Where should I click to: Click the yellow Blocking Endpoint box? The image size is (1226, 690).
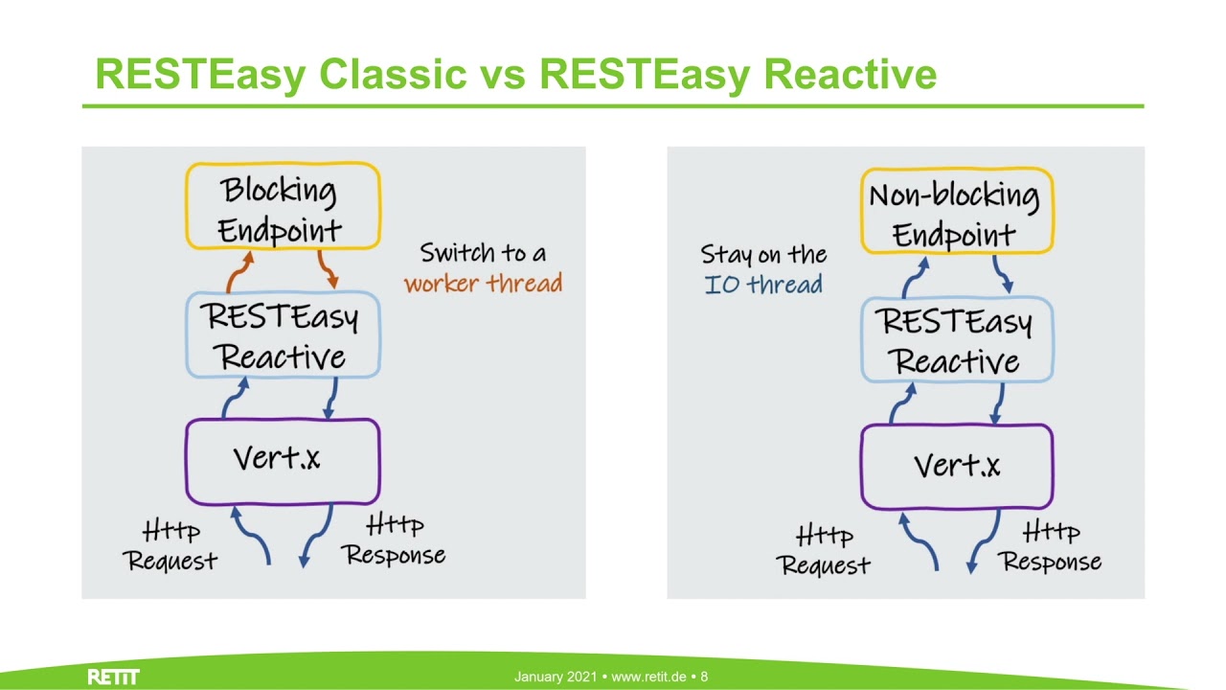coord(283,207)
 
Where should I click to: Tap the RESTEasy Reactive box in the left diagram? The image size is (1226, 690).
coord(283,335)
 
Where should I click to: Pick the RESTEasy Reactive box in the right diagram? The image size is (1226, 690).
coord(956,341)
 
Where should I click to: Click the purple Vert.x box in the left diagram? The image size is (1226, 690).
coord(283,461)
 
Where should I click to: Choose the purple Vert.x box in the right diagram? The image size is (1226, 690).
coord(956,467)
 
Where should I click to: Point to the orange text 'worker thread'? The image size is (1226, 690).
coord(483,284)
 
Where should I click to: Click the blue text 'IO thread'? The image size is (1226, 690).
coord(763,285)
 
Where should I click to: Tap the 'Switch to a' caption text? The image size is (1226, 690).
coord(483,253)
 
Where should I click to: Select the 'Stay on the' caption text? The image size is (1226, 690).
coord(763,254)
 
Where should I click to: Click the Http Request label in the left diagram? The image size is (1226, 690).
coord(172,546)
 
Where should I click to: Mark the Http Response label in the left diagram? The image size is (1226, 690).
coord(395,540)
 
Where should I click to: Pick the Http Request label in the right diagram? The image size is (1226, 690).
coord(825,551)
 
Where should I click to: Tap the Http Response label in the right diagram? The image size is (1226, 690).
coord(1051,546)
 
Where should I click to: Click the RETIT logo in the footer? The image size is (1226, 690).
coord(113,678)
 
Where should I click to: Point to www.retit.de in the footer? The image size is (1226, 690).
coord(648,678)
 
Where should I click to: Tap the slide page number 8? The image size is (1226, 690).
coord(704,678)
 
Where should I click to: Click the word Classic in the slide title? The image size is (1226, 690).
coord(393,74)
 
